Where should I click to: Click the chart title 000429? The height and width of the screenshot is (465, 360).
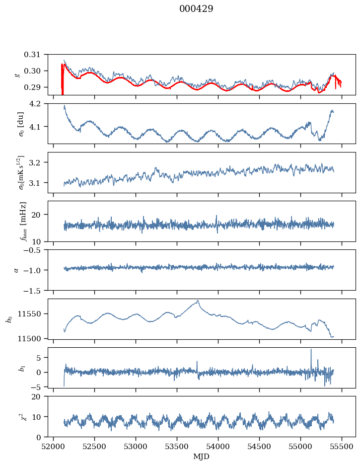(196, 9)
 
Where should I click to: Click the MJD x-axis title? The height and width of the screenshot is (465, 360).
(202, 457)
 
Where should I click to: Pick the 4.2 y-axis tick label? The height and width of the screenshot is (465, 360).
(39, 103)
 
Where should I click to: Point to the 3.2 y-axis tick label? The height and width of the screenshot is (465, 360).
(39, 162)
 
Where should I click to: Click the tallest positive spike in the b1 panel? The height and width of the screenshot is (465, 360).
(311, 350)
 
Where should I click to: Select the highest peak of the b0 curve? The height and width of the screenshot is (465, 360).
(198, 301)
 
